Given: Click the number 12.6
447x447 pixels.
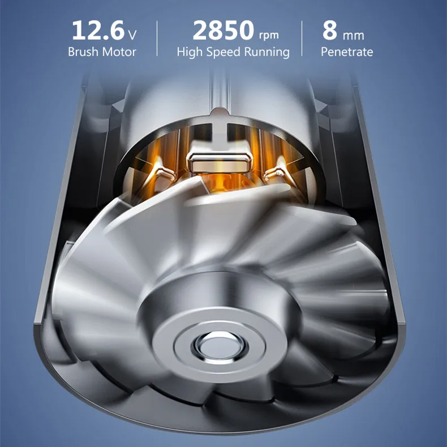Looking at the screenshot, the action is [x=98, y=30].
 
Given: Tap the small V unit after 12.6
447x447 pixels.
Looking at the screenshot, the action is [x=132, y=35].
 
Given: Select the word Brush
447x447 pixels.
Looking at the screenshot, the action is [x=83, y=52].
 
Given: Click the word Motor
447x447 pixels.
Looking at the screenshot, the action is [x=119, y=52].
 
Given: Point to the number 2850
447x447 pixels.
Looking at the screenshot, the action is [x=223, y=30].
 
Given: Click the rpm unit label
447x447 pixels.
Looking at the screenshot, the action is [x=269, y=36].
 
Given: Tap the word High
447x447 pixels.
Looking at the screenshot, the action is [x=190, y=52].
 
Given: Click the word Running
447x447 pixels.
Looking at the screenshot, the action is [x=267, y=53].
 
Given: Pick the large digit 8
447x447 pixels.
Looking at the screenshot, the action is [x=330, y=30].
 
